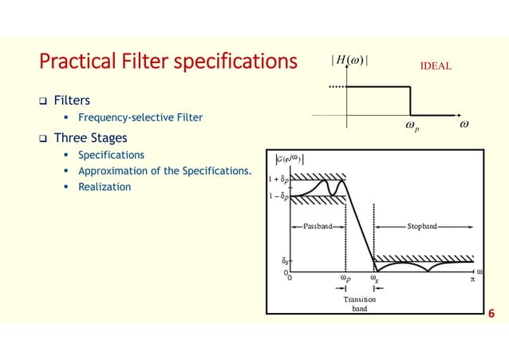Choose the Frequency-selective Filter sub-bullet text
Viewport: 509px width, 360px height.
[140, 118]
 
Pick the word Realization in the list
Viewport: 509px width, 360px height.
[105, 188]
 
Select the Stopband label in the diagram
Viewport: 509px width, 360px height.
[421, 226]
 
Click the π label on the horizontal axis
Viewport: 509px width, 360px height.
[472, 279]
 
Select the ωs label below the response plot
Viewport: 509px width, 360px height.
[373, 279]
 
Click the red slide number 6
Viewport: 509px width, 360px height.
[491, 313]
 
